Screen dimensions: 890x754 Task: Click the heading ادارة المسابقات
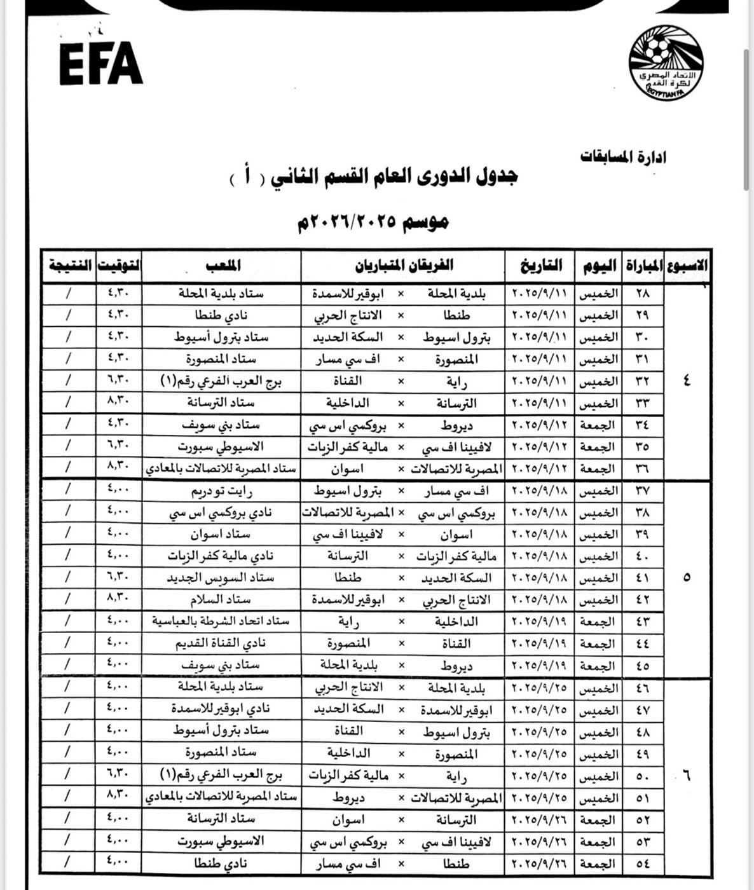pos(623,156)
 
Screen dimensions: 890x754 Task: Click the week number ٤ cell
pos(686,381)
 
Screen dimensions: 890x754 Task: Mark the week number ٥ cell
pos(686,578)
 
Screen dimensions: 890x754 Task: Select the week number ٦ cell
pos(686,775)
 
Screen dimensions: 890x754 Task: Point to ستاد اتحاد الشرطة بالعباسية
pos(221,621)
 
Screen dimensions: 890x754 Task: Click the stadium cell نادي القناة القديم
pos(221,643)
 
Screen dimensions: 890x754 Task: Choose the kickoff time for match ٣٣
pos(118,402)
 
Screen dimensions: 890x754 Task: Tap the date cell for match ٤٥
pos(540,666)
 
